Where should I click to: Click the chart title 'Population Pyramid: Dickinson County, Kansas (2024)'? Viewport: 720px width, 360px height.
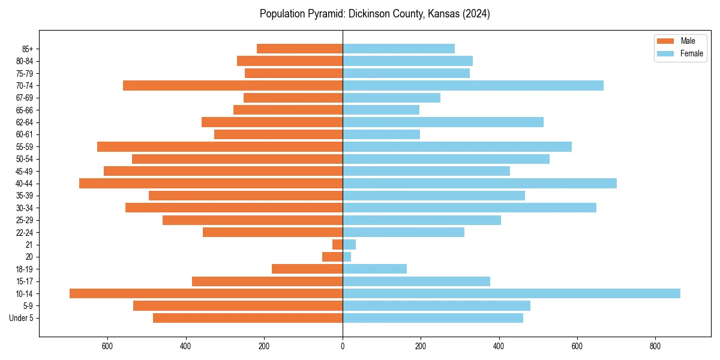374,14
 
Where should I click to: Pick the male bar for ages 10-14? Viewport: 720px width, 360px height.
206,293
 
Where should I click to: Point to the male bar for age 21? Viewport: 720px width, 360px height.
337,245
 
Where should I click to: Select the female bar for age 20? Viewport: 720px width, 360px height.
347,257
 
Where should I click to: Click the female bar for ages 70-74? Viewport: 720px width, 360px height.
473,86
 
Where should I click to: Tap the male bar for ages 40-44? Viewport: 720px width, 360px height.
211,184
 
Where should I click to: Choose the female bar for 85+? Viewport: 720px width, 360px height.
398,49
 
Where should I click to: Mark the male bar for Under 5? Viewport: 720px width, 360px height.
248,318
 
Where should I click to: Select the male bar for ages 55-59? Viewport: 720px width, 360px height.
220,147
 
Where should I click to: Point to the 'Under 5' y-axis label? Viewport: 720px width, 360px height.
21,318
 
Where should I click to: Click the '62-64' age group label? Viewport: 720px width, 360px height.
25,122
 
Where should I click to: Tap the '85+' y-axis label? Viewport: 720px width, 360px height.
27,49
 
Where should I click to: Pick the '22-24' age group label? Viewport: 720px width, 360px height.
25,232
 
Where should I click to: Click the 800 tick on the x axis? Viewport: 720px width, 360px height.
655,346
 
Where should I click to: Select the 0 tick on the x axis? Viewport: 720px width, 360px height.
343,346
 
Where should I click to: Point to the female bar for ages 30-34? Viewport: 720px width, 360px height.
469,208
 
